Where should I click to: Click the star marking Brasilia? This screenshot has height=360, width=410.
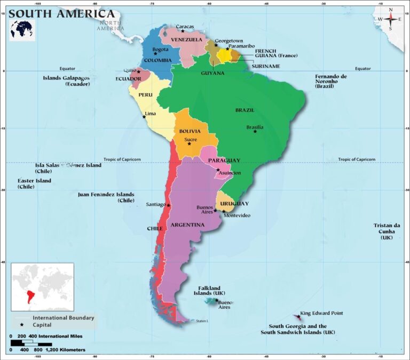click(x=255, y=131)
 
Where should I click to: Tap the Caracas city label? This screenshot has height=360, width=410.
click(x=185, y=27)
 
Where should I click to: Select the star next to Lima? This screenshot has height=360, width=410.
click(x=144, y=117)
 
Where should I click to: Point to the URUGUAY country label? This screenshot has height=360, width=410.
click(x=234, y=204)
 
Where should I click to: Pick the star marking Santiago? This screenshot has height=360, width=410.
click(x=169, y=205)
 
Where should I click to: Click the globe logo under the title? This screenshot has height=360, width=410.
click(x=22, y=29)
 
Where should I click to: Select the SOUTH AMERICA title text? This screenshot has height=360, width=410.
click(x=62, y=14)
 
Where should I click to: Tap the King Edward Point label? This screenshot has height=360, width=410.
click(x=321, y=313)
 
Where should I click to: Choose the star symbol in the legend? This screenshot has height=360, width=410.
click(x=22, y=325)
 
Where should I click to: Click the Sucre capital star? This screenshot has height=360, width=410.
click(x=189, y=143)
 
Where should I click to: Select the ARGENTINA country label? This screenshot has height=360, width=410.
click(x=187, y=225)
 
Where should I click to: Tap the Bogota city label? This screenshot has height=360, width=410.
click(x=160, y=50)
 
